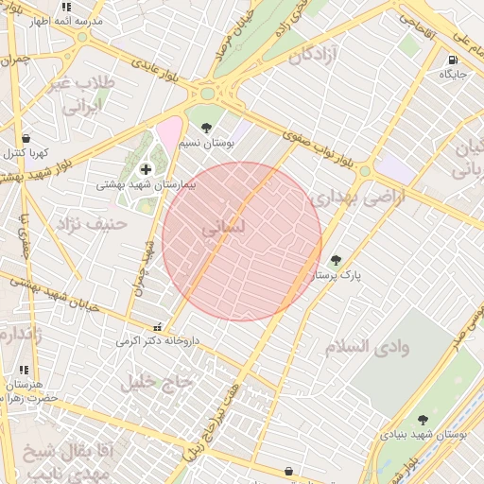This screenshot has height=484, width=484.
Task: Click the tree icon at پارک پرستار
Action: pyautogui.click(x=336, y=260)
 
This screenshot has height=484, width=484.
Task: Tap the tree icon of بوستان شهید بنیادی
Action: pyautogui.click(x=422, y=420)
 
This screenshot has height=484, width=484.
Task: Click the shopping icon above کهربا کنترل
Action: pyautogui.click(x=26, y=138)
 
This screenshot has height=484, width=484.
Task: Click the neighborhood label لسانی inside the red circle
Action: pyautogui.click(x=223, y=228)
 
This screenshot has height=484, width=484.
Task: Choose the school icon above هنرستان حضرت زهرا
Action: pyautogui.click(x=24, y=370)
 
